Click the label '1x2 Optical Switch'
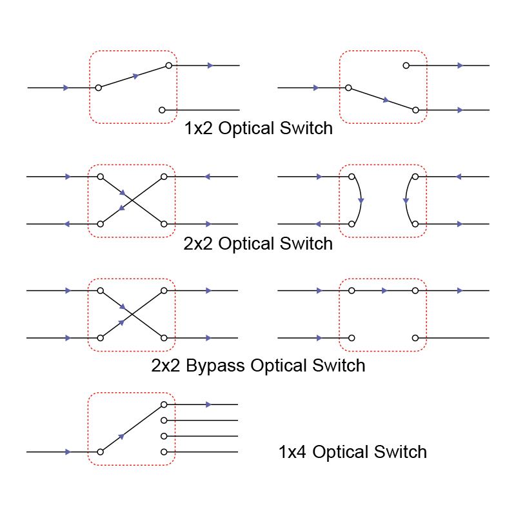coord(258,128)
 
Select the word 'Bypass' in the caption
coord(216,366)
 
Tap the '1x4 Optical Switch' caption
coord(352,451)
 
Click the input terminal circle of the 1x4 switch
coord(100,452)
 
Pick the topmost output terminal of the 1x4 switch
coord(164,404)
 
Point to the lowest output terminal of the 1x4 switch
coord(164,451)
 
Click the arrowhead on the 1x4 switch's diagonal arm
coord(121,437)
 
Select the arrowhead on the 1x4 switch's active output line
coord(208,404)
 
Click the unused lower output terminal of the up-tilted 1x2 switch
coord(162,110)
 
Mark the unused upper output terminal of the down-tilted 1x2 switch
coord(406,65)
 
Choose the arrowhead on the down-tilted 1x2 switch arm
coord(386,100)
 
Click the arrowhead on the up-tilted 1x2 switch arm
coord(135,76)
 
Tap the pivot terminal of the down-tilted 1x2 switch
coord(348,87)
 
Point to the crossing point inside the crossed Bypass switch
coord(132,314)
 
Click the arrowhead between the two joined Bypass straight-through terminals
coord(385,290)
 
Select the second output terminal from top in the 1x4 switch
coord(164,420)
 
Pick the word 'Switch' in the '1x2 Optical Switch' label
coord(306,128)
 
